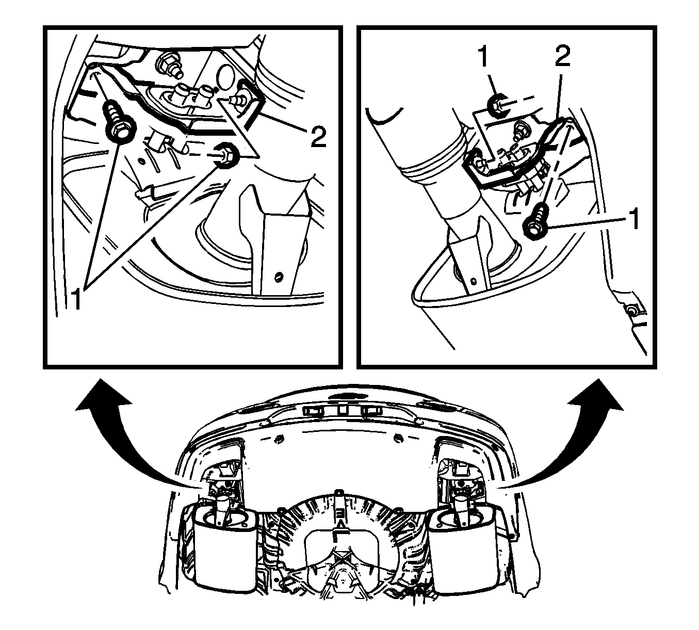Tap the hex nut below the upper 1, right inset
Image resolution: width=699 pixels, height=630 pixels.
[x=499, y=105]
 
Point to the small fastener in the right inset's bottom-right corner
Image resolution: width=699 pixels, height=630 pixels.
[x=629, y=310]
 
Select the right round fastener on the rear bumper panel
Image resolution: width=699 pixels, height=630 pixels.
[x=397, y=438]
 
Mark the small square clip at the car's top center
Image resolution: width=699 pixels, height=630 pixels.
[x=342, y=408]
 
